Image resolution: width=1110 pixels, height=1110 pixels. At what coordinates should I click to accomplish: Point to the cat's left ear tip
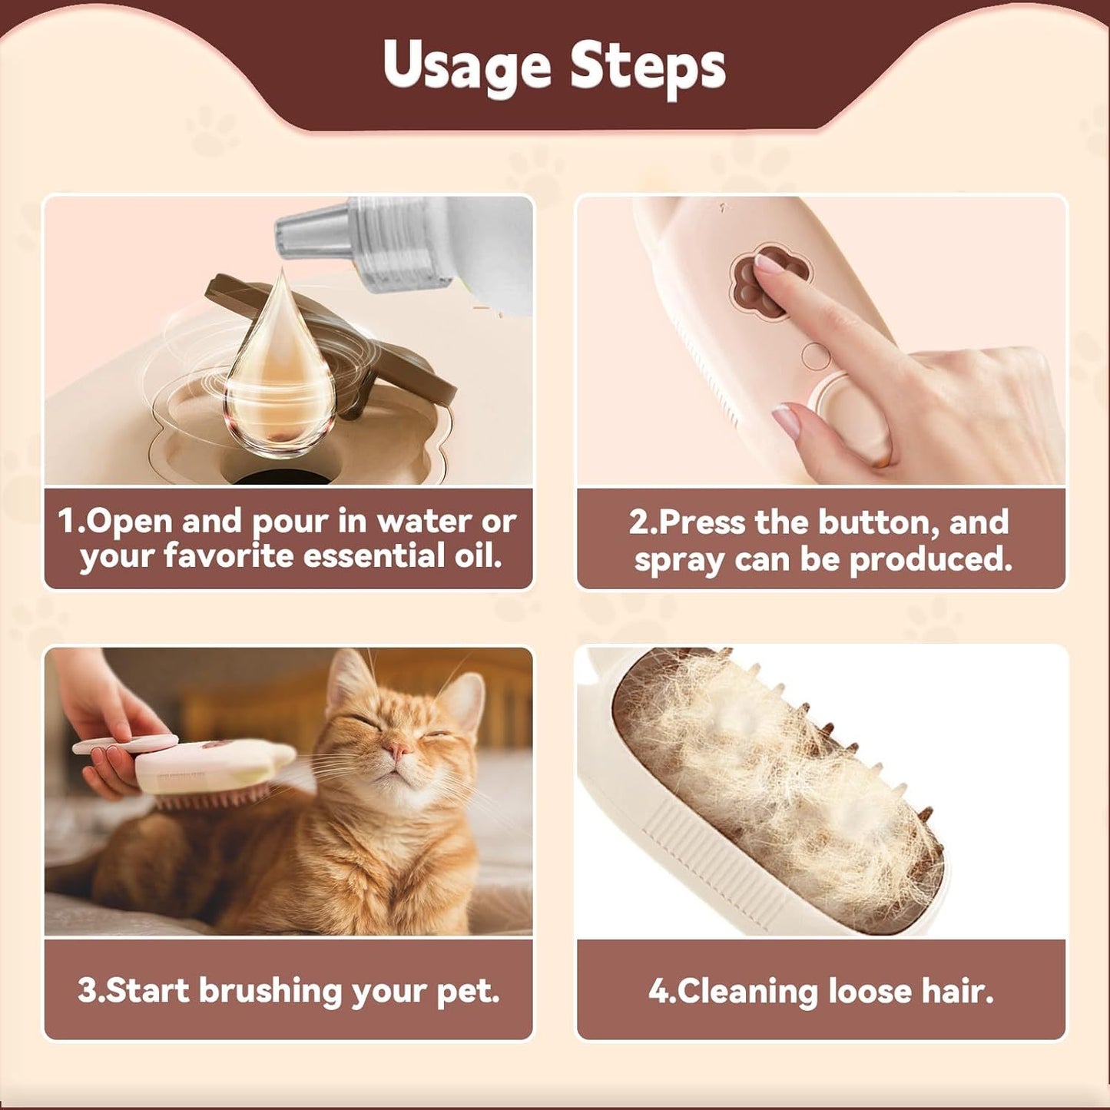(x=342, y=661)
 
